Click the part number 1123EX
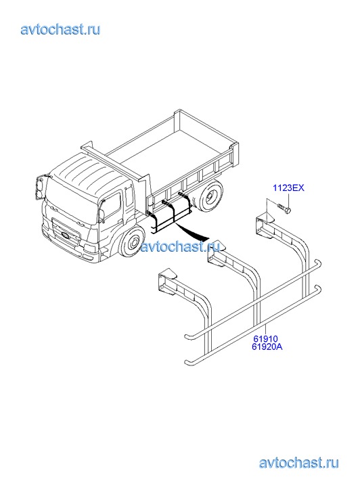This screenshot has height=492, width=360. point(288,188)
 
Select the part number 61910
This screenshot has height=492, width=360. point(265,339)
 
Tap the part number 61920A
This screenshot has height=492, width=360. point(267,347)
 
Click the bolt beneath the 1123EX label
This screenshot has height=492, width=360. point(284,208)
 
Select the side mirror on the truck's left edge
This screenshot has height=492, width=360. point(39,188)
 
